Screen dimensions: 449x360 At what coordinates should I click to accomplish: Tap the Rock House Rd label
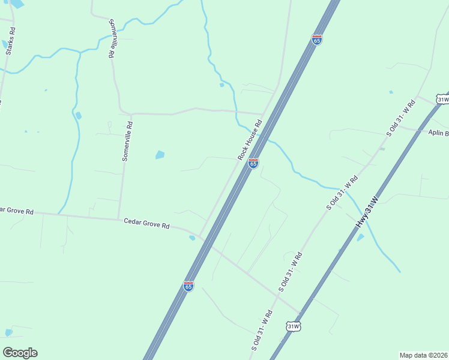tap(250, 140)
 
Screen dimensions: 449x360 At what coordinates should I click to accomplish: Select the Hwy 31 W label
tap(367, 211)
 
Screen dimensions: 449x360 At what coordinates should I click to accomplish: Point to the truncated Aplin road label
tap(438, 133)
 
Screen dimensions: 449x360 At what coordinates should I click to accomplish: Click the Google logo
tap(20, 353)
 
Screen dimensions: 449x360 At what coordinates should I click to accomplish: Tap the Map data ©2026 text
tap(423, 355)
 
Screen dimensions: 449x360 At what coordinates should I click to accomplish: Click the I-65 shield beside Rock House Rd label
tap(253, 163)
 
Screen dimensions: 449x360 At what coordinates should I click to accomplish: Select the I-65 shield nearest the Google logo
tap(188, 286)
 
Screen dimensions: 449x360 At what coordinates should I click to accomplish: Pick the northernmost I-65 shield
tap(317, 40)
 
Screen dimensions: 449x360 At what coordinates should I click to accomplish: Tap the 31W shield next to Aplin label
tap(443, 99)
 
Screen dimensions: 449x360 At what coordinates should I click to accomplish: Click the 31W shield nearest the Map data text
tap(293, 326)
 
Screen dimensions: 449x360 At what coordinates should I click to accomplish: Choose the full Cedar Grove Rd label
tap(147, 224)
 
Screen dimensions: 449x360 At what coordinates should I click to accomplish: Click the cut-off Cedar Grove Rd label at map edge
tap(17, 211)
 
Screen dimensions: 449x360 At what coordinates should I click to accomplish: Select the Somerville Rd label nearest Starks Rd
tap(112, 38)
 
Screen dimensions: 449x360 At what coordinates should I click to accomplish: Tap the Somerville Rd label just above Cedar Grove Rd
tap(127, 142)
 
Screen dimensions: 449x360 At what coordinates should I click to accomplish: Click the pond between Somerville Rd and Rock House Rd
tap(160, 155)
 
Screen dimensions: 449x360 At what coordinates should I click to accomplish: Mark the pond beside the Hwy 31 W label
tap(360, 237)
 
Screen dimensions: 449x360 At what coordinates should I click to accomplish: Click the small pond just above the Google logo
tap(8, 332)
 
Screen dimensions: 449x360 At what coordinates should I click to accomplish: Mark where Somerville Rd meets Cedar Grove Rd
tap(118, 218)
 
